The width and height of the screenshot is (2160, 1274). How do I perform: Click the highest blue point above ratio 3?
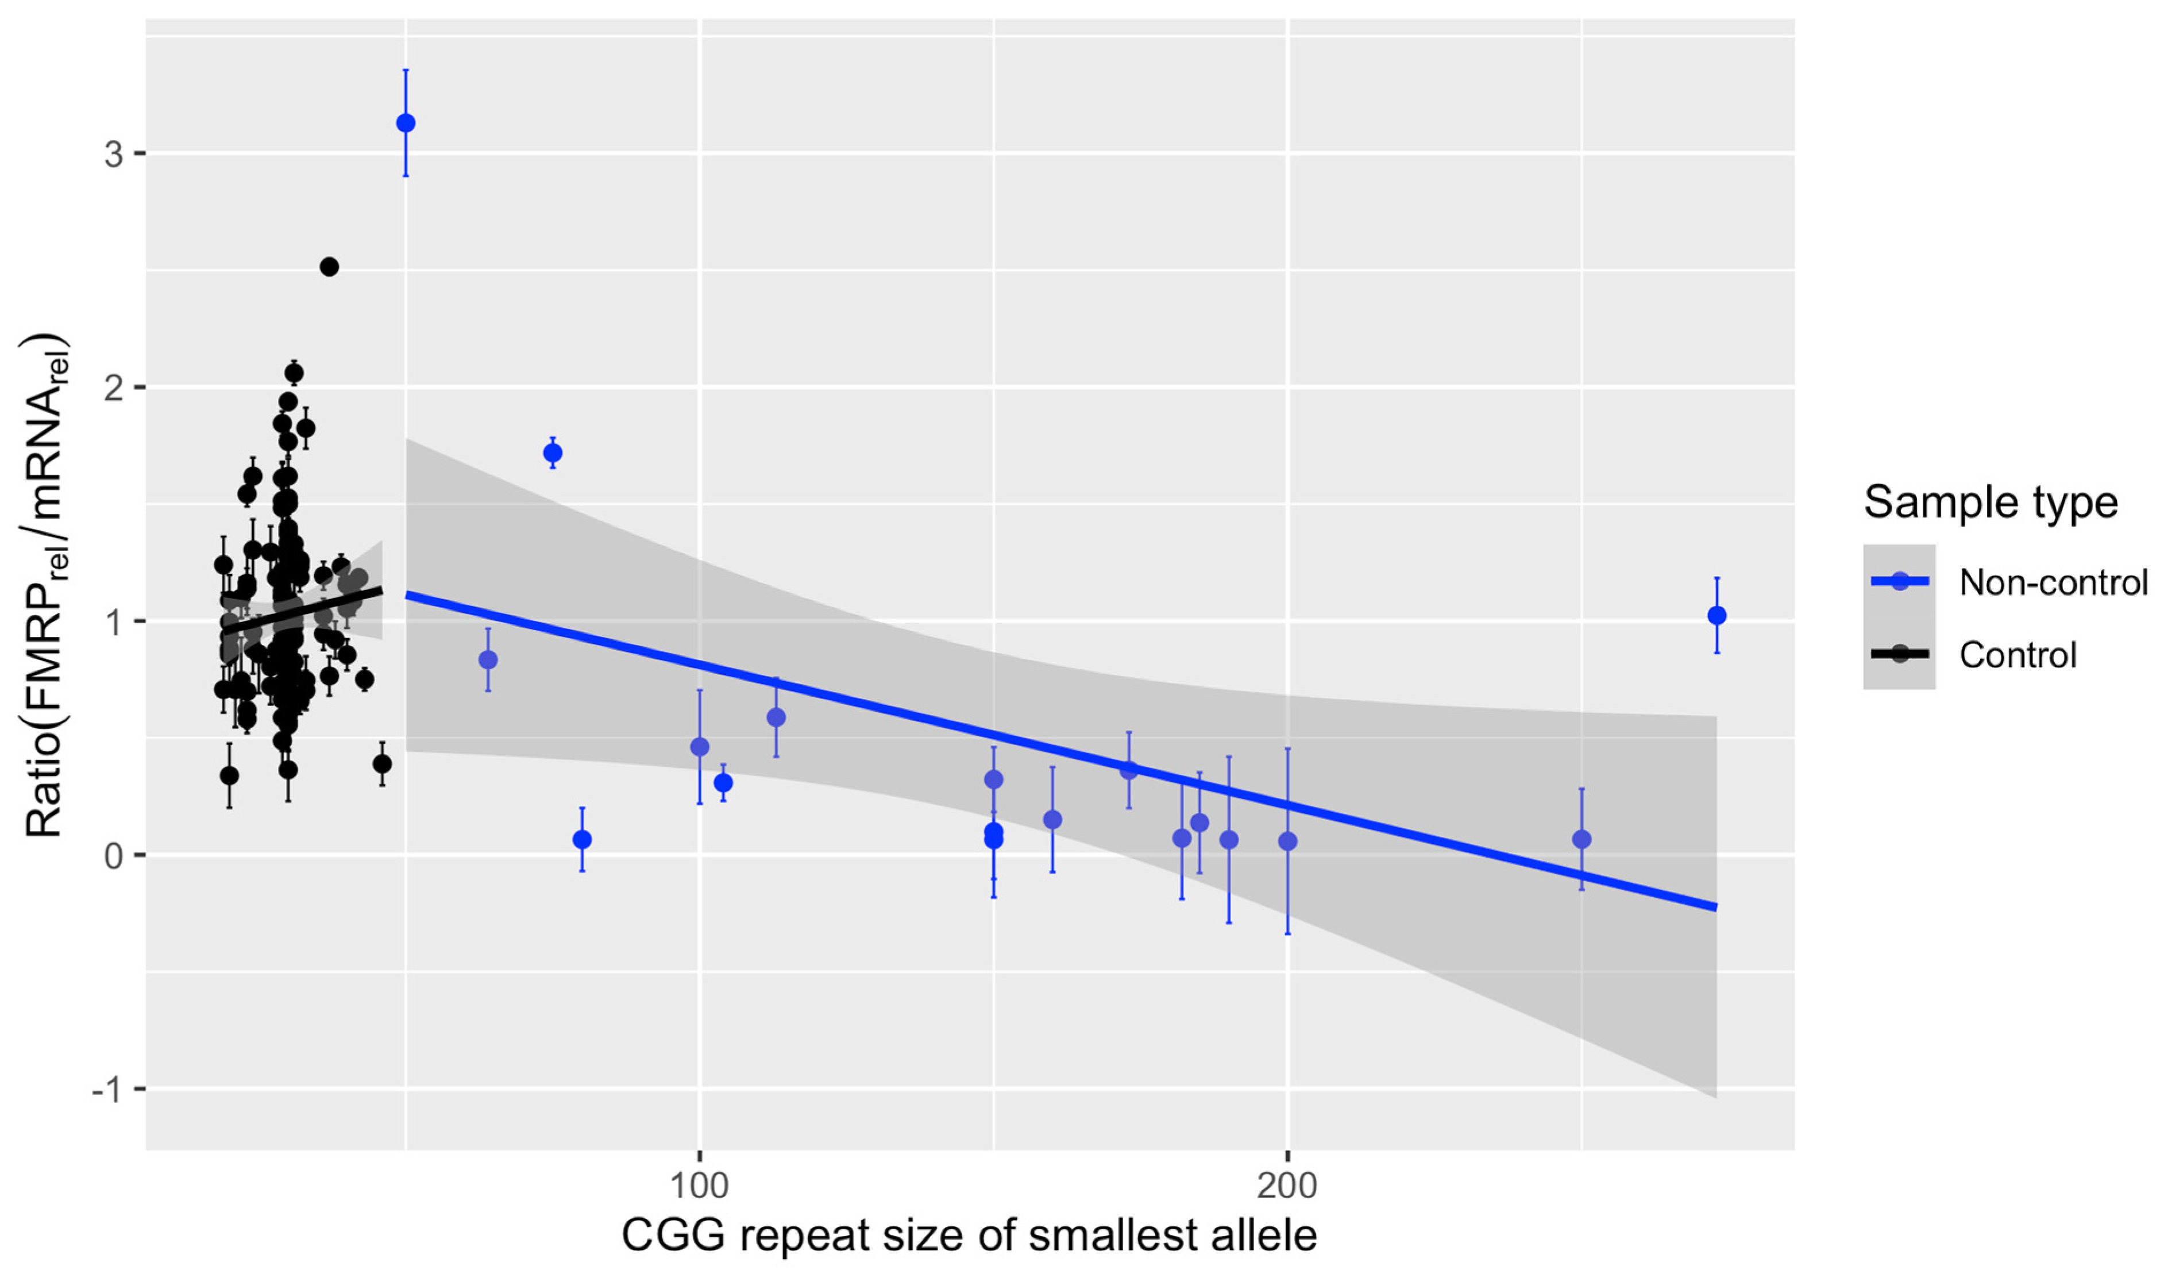[406, 123]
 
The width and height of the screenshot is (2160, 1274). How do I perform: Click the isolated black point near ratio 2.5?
[329, 267]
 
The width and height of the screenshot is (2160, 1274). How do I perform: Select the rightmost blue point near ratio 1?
[1716, 616]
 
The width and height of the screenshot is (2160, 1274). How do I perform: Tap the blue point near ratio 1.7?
[553, 453]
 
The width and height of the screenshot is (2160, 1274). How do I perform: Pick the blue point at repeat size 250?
[1582, 839]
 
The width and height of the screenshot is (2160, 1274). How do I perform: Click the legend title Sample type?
[1990, 502]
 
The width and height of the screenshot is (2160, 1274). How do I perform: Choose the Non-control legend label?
[2053, 583]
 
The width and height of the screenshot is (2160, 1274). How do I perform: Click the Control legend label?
[2018, 655]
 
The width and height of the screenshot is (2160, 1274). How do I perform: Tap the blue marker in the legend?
[1899, 582]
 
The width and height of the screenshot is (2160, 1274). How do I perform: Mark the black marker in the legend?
[1899, 654]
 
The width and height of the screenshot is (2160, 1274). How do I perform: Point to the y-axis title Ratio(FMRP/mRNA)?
[45, 584]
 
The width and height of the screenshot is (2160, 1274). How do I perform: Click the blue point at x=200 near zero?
[1287, 841]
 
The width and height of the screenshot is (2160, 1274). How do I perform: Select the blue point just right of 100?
[723, 783]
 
